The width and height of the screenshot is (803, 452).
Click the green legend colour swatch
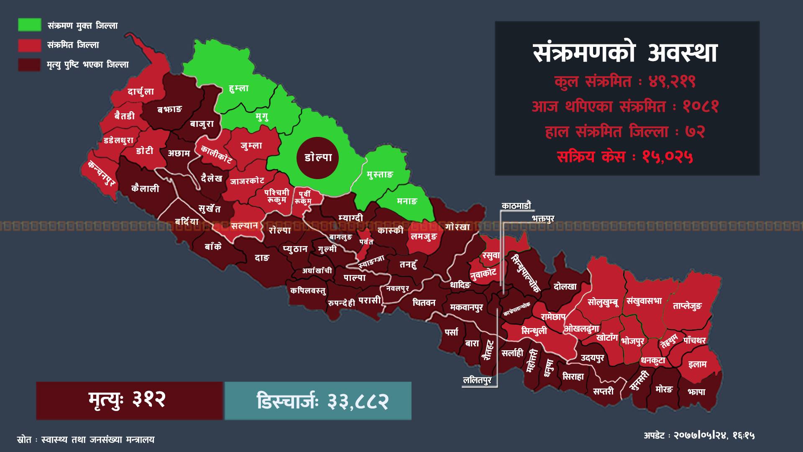click(x=29, y=25)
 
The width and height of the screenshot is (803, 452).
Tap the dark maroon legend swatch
click(x=29, y=64)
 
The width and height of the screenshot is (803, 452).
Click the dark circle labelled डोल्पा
click(x=318, y=158)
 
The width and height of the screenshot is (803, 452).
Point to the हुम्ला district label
click(x=239, y=88)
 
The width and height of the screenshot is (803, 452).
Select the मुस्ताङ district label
click(x=380, y=175)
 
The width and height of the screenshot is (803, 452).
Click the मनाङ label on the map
click(x=407, y=201)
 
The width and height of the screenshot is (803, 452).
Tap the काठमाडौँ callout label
click(x=516, y=206)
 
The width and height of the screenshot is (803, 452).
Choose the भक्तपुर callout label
click(x=543, y=219)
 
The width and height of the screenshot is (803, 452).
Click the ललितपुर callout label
click(x=477, y=380)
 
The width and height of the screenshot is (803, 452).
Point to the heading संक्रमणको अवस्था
click(x=626, y=53)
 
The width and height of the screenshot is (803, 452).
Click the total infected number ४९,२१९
click(x=672, y=82)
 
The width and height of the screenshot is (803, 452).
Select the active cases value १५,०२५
click(x=668, y=157)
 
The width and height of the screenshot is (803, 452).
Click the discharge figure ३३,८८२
click(x=358, y=401)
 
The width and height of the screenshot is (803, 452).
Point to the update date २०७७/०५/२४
click(x=702, y=436)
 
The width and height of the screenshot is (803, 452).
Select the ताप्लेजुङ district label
click(x=687, y=306)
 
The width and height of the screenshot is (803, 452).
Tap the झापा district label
click(x=696, y=392)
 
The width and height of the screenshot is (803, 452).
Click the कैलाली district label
click(x=145, y=188)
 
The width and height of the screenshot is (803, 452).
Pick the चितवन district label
click(x=424, y=302)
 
